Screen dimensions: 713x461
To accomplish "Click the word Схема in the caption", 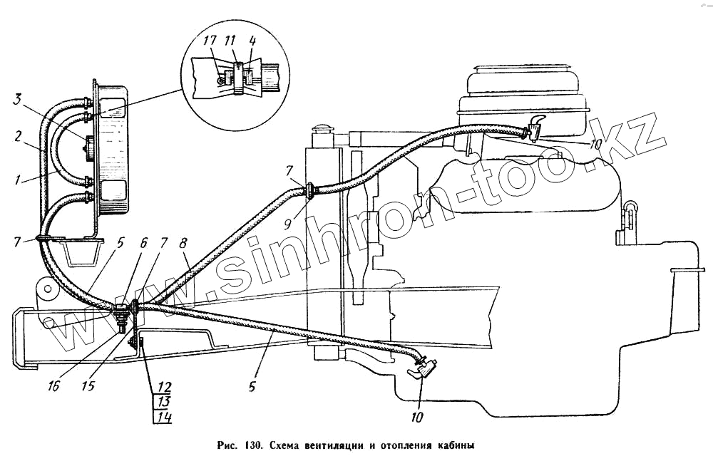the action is pos(288,446).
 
